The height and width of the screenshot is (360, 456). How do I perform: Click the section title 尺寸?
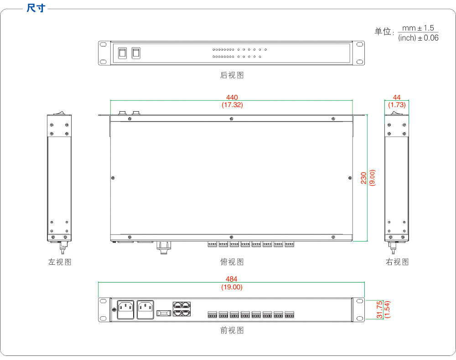[36, 8]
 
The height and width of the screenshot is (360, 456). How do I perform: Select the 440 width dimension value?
[232, 98]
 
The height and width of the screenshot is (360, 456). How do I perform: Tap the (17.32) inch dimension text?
[232, 105]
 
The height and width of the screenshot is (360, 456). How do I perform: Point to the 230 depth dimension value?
[364, 177]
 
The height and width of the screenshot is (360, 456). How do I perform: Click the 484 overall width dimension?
[232, 279]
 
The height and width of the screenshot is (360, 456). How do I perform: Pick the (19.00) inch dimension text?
[232, 287]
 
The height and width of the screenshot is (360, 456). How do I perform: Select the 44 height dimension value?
[397, 98]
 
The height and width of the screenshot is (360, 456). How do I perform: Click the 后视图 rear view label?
[232, 75]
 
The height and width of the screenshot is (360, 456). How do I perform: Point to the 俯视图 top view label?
[232, 262]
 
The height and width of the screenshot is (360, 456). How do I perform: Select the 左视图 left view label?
[60, 262]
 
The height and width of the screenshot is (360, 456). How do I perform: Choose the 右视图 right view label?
[397, 262]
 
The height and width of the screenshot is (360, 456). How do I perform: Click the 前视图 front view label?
[232, 330]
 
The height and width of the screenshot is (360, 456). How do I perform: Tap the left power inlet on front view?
[126, 309]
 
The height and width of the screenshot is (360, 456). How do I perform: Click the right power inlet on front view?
[145, 309]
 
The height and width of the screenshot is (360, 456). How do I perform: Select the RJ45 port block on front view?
[181, 309]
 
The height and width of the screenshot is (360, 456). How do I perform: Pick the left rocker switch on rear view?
[123, 53]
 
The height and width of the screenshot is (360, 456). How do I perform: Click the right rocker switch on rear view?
[136, 53]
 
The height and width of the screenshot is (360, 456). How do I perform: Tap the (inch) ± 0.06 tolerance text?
[418, 38]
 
